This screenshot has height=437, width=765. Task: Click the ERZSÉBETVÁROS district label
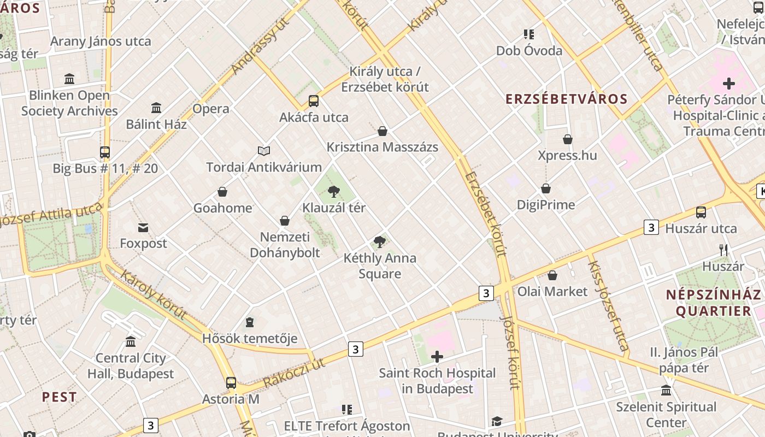567,99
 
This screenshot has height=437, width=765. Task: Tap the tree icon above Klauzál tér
333,192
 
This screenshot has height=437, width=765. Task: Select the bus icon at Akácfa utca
314,101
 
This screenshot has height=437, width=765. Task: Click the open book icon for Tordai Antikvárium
264,151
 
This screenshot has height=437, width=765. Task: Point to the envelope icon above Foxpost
143,227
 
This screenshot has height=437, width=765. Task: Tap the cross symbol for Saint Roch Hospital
437,357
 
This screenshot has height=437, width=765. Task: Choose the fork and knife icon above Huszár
723,250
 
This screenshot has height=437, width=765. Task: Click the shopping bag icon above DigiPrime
546,188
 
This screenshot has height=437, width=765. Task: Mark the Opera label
211,109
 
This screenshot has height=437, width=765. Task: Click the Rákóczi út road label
294,373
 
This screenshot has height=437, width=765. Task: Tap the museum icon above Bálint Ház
156,108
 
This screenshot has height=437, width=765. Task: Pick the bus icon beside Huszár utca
701,212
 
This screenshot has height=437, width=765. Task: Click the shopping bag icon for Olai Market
552,275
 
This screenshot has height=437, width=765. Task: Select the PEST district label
60,397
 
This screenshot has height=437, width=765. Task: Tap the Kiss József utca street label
607,306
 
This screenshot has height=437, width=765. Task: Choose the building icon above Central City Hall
131,342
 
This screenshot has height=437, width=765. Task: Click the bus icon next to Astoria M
231,383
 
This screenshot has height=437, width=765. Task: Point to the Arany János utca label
101,42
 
